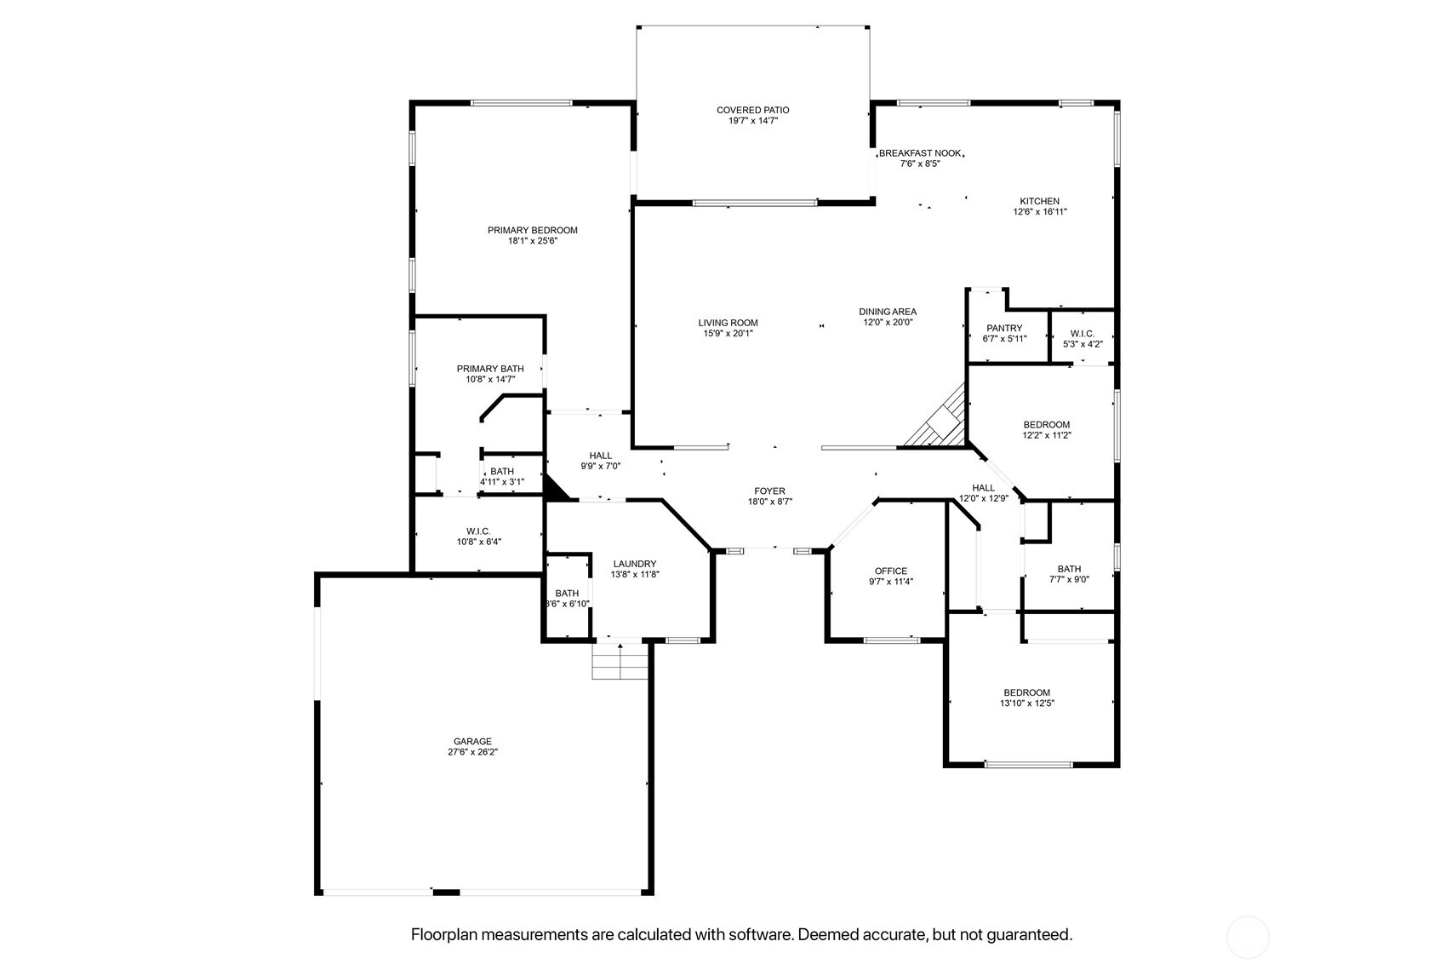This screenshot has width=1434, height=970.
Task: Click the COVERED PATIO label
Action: (753, 110)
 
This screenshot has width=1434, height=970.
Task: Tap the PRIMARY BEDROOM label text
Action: (533, 231)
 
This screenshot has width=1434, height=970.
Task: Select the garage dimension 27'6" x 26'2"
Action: (472, 752)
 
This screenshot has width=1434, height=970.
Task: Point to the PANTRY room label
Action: (1004, 328)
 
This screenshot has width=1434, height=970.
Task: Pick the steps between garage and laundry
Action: (620, 661)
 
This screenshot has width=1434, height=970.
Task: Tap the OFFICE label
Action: (891, 571)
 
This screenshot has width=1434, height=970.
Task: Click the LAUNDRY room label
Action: (635, 564)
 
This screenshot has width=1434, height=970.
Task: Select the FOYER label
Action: (769, 491)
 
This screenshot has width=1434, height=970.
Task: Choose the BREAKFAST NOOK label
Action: (920, 153)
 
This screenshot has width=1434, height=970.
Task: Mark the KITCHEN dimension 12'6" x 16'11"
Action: (1040, 212)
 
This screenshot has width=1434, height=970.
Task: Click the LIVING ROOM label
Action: (728, 323)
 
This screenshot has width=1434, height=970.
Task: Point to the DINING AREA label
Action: (888, 312)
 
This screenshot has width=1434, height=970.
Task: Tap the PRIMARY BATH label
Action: (490, 369)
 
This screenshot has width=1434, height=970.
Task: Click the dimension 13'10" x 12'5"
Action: (1027, 703)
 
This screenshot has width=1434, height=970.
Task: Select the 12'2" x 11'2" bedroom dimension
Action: (1047, 436)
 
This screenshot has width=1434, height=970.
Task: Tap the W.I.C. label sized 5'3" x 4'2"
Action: (1083, 334)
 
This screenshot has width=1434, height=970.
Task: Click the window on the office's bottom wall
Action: (892, 640)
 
